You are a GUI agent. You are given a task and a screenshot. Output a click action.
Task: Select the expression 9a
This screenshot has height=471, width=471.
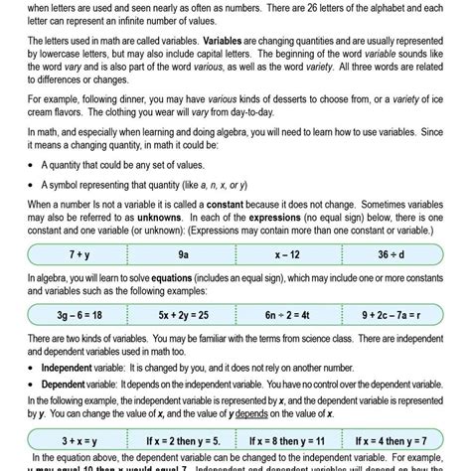184,253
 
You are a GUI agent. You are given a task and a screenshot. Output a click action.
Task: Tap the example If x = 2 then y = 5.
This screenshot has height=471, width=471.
184,438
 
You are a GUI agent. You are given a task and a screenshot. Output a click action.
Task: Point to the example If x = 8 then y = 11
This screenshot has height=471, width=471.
288,438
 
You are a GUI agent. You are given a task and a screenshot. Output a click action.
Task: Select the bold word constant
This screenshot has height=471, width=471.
236,202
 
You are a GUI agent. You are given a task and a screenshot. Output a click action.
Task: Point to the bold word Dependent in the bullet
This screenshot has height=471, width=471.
65,383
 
